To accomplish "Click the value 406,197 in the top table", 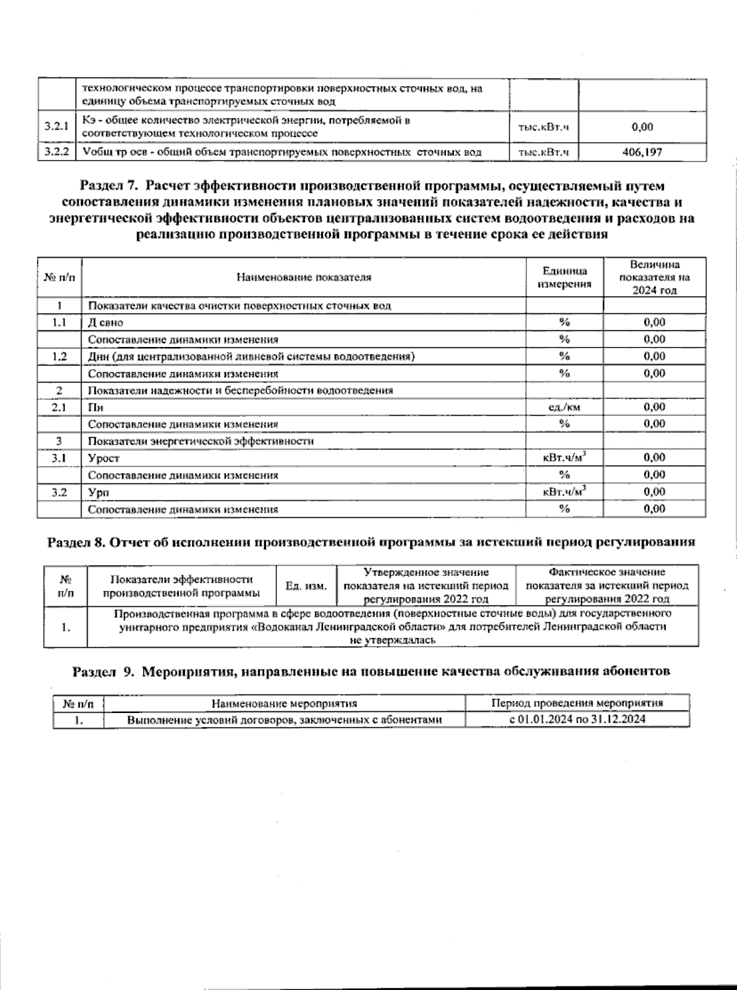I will [x=642, y=152].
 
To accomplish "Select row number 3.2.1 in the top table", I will [x=55, y=127].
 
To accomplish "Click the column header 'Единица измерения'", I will [x=564, y=277].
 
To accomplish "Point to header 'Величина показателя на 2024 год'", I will [x=654, y=277].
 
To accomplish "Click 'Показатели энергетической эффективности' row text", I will [x=201, y=441].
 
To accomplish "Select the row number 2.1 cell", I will [x=59, y=407].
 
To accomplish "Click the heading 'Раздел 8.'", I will [x=77, y=542].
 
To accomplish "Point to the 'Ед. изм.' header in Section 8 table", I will [x=306, y=586].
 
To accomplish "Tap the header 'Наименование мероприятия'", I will [x=284, y=703].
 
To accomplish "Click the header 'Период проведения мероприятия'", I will [x=577, y=703].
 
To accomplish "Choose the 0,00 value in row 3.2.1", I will [x=642, y=127].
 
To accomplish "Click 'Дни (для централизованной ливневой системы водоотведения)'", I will [x=251, y=356].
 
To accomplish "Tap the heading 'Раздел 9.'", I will [x=103, y=671].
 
